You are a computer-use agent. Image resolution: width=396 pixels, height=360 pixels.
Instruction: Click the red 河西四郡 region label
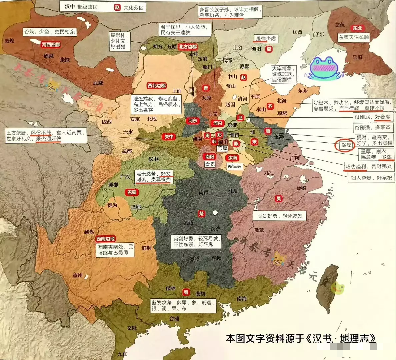51,45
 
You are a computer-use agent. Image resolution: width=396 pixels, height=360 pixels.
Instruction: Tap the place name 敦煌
9,41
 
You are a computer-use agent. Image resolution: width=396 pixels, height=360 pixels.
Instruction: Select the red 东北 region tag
357,28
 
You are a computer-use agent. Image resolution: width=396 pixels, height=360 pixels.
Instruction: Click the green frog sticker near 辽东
324,68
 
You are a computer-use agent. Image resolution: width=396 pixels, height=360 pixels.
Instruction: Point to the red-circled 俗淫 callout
346,145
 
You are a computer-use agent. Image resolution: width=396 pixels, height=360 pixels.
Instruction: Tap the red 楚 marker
201,213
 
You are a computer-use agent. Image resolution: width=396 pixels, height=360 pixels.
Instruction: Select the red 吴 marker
279,199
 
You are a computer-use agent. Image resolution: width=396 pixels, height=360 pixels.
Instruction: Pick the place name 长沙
215,229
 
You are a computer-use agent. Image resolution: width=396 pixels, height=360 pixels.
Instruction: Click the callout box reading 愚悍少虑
266,39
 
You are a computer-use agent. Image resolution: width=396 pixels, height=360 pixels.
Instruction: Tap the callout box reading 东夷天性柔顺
354,37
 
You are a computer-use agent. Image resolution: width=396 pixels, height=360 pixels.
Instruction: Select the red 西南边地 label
105,239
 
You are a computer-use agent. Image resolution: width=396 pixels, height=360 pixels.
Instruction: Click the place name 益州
77,275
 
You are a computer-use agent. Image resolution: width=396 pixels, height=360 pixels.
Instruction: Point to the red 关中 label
169,136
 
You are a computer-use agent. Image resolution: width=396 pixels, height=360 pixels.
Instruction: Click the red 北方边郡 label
188,47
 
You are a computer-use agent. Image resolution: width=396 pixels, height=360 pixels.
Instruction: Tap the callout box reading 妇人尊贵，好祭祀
371,178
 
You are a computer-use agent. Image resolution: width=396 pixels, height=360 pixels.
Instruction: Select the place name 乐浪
357,57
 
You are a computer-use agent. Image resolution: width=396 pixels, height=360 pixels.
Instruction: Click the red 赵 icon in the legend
117,7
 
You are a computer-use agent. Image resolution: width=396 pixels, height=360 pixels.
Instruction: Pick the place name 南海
242,299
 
